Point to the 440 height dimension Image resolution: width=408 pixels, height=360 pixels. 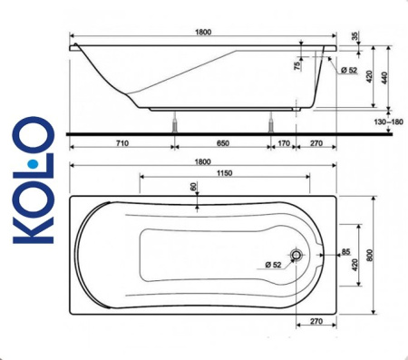(x=390, y=80)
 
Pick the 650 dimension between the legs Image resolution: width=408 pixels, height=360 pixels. (x=222, y=142)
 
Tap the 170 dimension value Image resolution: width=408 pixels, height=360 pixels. (x=285, y=142)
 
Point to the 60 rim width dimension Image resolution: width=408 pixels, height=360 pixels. (x=194, y=187)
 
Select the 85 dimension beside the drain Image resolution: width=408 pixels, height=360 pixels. (x=345, y=251)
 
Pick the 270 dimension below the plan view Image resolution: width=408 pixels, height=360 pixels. (x=318, y=322)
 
